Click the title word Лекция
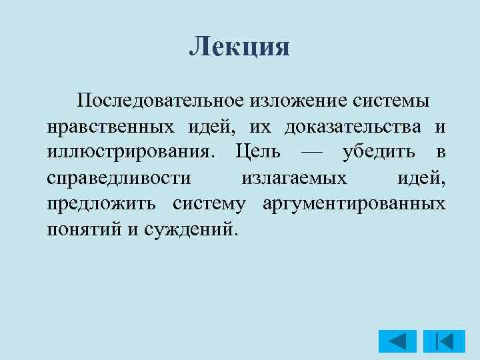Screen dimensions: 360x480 pyautogui.click(x=239, y=47)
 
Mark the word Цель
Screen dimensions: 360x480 pyautogui.click(x=258, y=152)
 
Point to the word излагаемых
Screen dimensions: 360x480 pyautogui.click(x=294, y=178)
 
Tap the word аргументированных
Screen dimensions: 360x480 pyautogui.click(x=354, y=203)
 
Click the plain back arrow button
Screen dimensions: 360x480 pyautogui.click(x=397, y=341)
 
